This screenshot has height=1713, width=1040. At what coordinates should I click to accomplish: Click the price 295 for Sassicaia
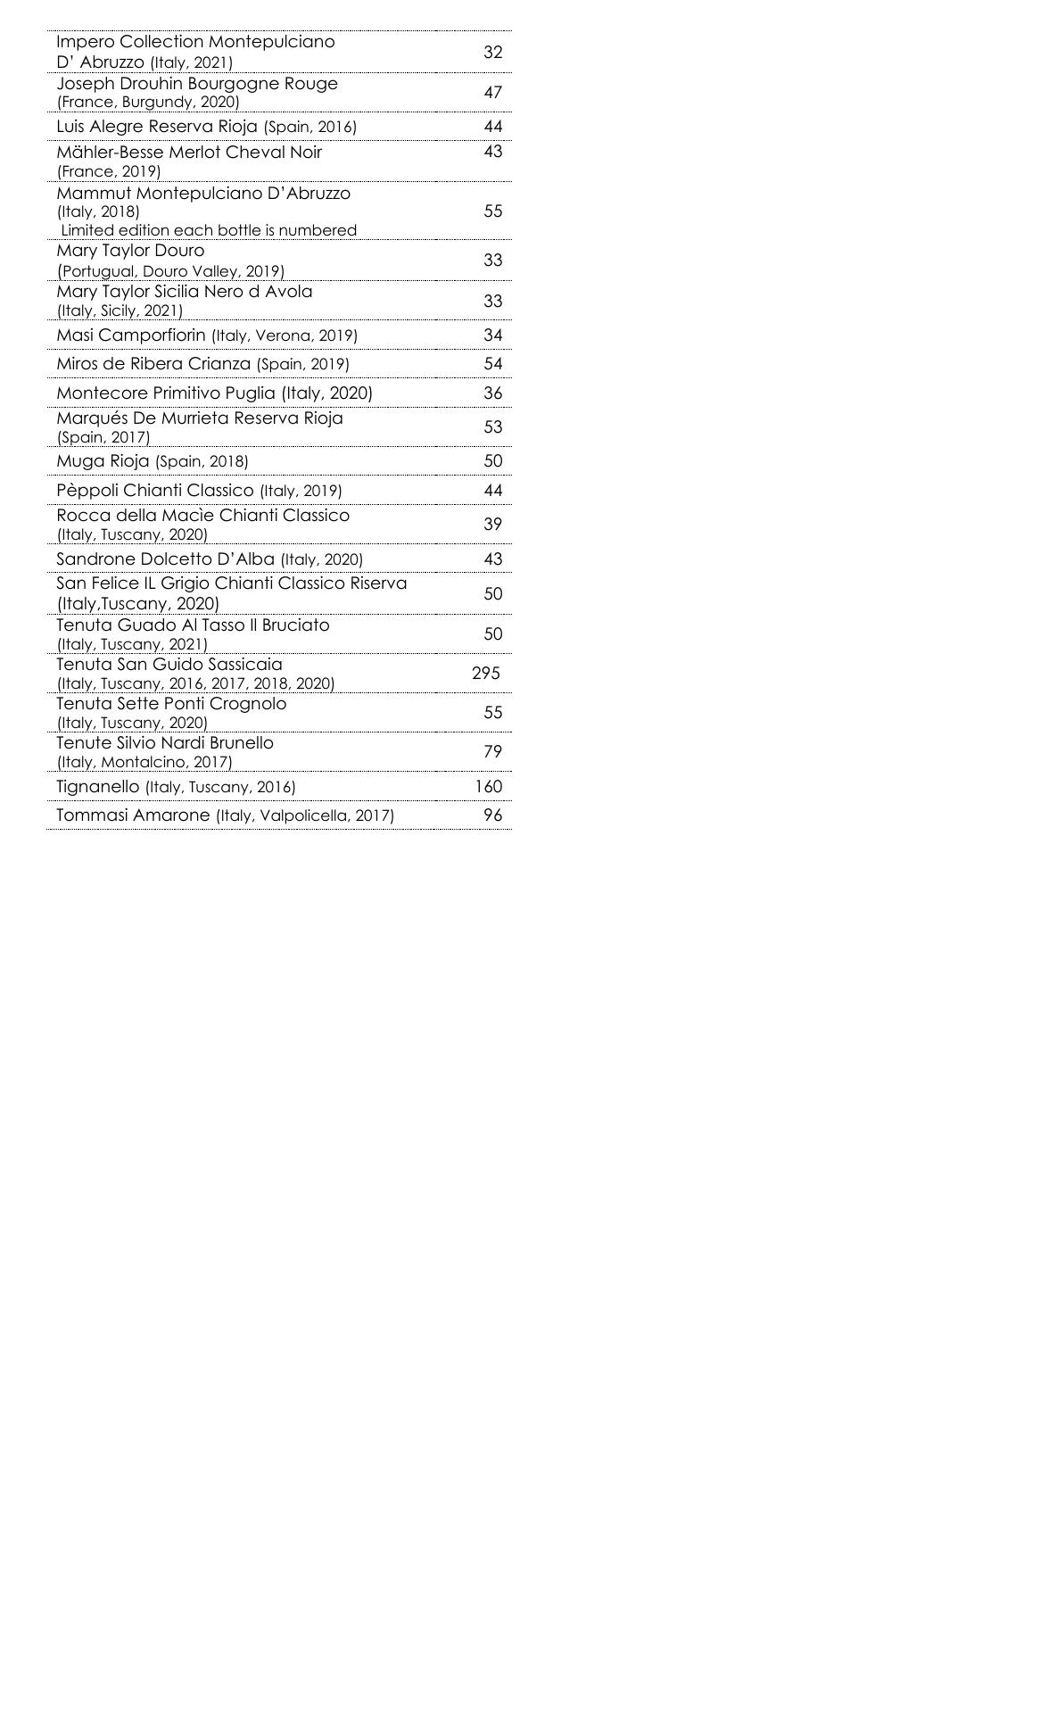(x=485, y=674)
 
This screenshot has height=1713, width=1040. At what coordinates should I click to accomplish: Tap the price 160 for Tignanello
(x=488, y=787)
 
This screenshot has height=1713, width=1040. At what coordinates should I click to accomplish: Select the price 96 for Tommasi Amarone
(x=492, y=815)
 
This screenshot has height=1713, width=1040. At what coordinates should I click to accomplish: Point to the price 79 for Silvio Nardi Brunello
(x=492, y=752)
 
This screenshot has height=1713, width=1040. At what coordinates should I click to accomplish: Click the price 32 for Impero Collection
(x=492, y=53)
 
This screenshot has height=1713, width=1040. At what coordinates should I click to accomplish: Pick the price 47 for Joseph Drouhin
(x=492, y=93)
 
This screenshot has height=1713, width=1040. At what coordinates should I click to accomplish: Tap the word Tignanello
(x=98, y=787)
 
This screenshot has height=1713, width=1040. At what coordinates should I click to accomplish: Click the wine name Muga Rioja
(x=103, y=461)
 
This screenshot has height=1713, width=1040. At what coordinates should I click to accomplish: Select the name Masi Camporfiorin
(x=131, y=335)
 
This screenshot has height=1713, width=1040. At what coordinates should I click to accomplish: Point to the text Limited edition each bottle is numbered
(x=209, y=230)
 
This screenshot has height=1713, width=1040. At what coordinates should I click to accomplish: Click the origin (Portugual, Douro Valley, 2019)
(x=170, y=271)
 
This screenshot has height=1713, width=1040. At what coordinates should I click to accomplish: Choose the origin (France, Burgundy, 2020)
(x=148, y=102)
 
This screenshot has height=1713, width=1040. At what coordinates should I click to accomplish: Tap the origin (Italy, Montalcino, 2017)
(x=144, y=763)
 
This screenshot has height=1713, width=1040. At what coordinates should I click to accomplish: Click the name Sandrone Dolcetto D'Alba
(x=166, y=559)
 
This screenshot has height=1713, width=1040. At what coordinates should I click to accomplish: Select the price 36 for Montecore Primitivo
(x=492, y=393)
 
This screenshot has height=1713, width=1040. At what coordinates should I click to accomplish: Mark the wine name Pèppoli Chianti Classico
(x=155, y=491)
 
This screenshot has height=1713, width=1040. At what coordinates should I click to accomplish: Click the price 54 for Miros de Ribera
(x=492, y=364)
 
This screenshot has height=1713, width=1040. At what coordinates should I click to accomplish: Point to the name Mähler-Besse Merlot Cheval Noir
(x=189, y=153)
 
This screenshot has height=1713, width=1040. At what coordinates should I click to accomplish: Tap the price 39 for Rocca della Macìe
(x=492, y=525)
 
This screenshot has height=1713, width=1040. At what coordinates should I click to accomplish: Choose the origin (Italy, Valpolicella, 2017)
(x=305, y=815)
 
